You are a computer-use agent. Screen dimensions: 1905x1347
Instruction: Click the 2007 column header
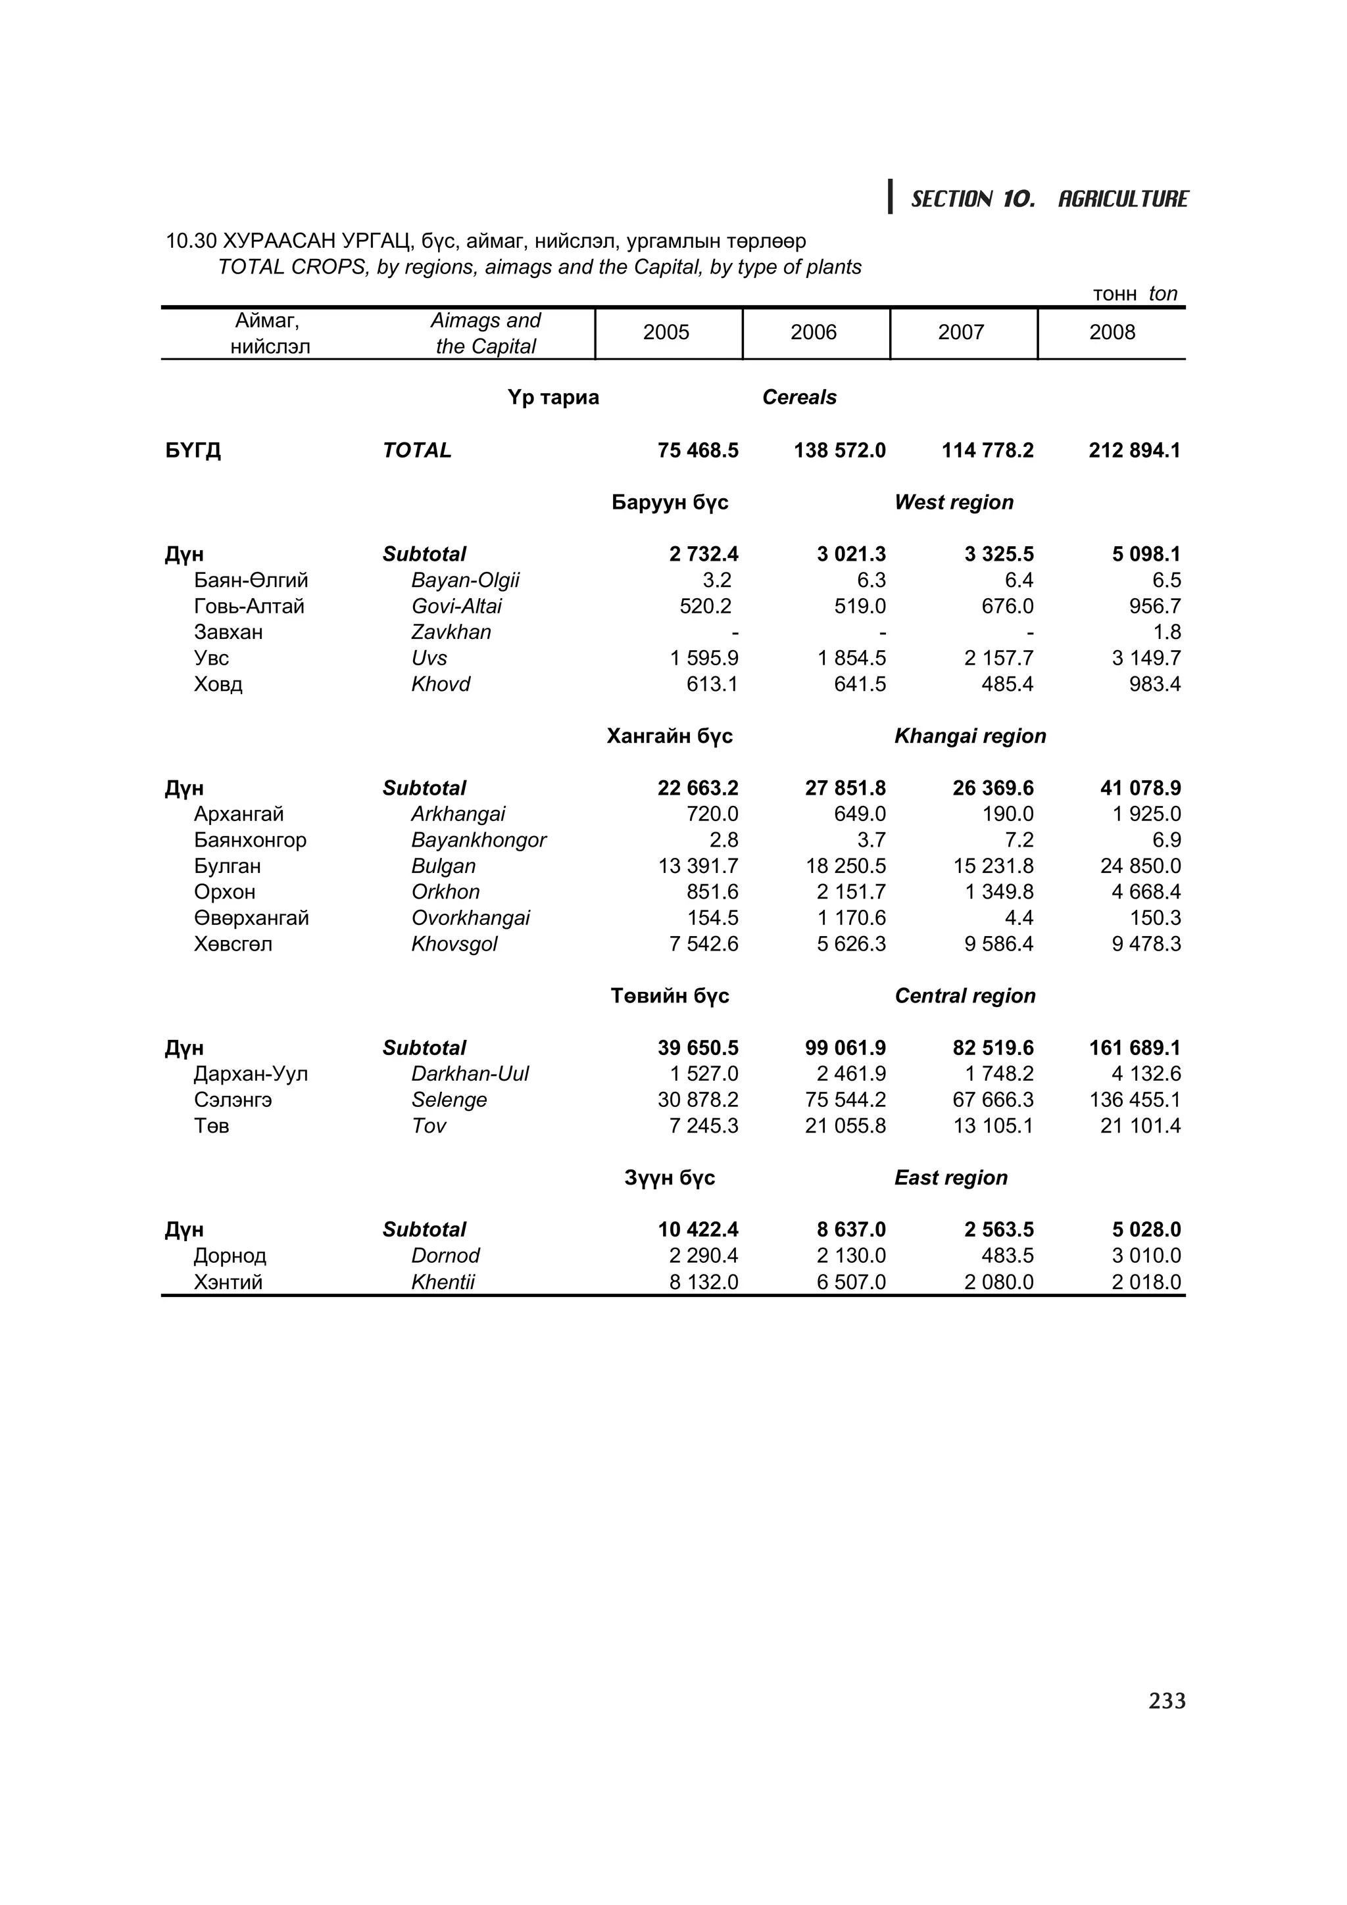(960, 333)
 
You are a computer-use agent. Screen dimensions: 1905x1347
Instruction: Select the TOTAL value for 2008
(1134, 450)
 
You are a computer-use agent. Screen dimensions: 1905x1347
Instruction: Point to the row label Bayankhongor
(478, 841)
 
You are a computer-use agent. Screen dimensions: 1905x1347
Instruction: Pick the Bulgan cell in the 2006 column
(845, 866)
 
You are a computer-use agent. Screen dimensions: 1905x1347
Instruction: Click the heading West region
(954, 503)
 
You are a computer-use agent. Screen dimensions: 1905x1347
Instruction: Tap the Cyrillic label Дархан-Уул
(251, 1075)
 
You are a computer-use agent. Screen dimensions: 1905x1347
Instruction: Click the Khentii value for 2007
(998, 1282)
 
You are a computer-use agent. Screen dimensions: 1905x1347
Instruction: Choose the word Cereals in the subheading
(798, 398)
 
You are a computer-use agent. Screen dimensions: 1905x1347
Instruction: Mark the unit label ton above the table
(1163, 294)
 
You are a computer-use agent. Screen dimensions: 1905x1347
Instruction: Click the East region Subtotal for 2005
(697, 1230)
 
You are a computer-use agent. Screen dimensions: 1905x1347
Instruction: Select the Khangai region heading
(969, 737)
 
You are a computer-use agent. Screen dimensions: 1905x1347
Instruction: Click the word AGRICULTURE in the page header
(1122, 199)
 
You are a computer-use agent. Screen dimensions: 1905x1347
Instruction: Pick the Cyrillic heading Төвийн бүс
(669, 997)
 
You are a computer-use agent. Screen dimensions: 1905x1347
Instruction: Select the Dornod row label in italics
(445, 1256)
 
